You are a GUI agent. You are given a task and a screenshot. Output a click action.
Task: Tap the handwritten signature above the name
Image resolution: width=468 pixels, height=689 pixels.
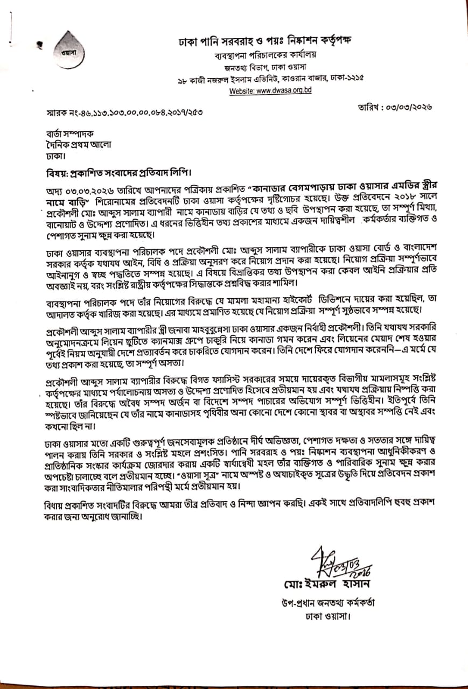(333, 563)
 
